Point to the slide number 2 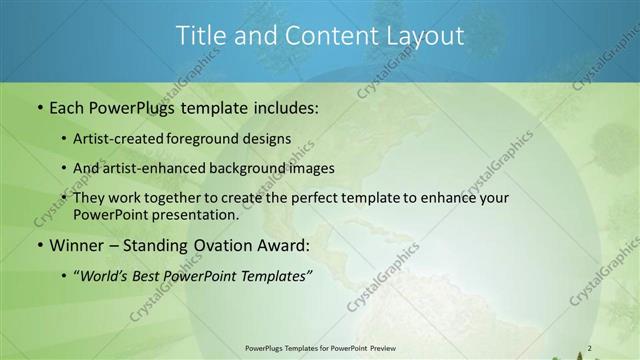590,348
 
